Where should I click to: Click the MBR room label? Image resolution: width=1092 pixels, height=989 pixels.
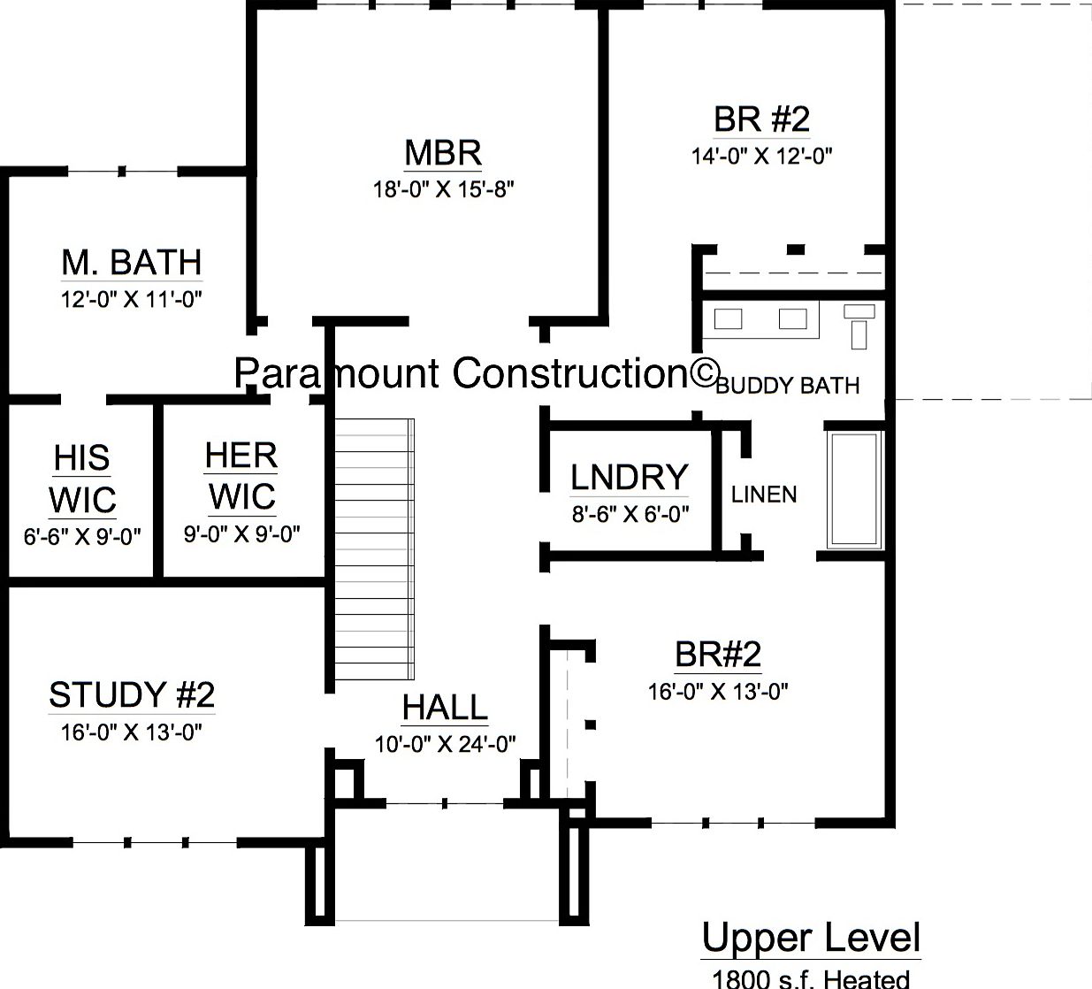443,153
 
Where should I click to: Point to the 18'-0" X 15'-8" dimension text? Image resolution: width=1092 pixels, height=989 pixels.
443,189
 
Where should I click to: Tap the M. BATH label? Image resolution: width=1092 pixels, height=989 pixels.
132,263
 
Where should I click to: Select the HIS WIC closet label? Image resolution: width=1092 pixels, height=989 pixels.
82,479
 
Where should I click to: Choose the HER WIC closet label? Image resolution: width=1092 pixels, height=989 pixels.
241,476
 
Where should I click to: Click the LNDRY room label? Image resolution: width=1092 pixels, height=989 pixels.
629,478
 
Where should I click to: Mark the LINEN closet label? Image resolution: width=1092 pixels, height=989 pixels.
764,494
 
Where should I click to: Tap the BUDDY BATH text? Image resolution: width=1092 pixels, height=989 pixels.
787,386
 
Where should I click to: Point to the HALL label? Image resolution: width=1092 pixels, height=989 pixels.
445,708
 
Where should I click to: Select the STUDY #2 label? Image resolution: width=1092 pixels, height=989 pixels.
132,695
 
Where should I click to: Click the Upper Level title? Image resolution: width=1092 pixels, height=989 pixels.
811,939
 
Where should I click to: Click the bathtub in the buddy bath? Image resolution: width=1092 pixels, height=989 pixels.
854,490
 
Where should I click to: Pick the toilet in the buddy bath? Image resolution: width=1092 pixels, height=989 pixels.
859,324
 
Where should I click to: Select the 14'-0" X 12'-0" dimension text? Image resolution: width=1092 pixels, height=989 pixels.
761,157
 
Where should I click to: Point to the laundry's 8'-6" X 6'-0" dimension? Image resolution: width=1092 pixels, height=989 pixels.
630,514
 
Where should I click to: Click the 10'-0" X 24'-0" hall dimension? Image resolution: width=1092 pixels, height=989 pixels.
445,744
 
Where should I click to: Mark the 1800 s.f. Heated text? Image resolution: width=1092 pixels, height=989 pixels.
811,978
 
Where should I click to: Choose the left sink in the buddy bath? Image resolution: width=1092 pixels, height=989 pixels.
728,318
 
